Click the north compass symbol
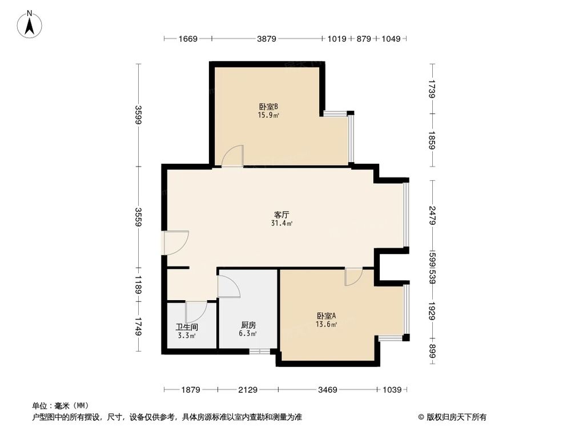(30, 25)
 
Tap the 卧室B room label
(268, 106)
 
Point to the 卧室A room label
(326, 316)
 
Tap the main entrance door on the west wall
(176, 242)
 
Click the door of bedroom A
(353, 277)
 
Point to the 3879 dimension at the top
(267, 39)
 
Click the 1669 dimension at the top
(188, 39)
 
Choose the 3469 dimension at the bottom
(327, 390)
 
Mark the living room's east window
(406, 215)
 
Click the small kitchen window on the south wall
(259, 351)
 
